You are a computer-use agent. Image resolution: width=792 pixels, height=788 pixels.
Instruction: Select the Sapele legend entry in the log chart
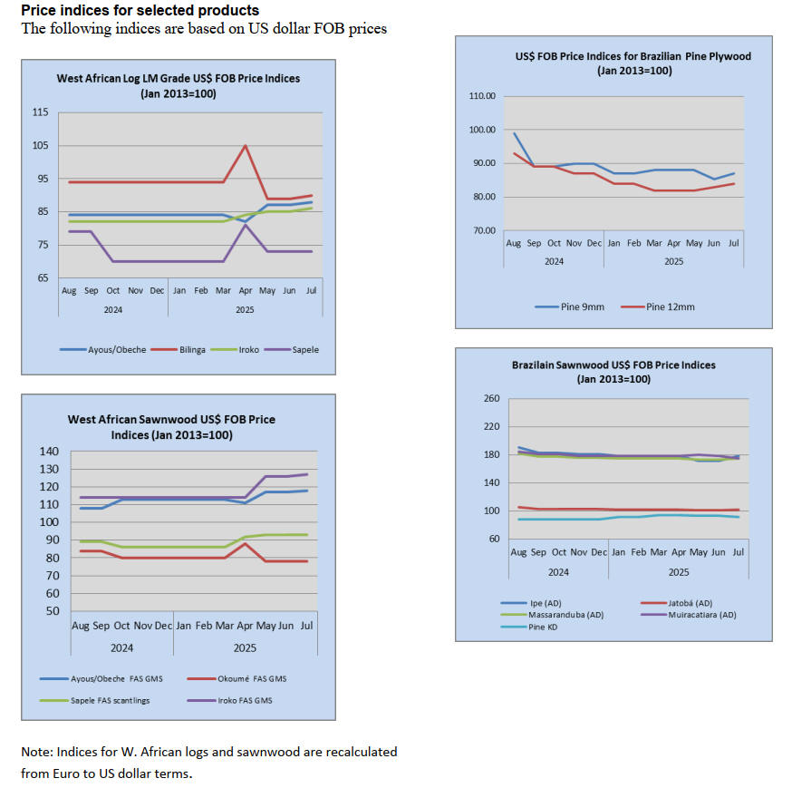(x=304, y=349)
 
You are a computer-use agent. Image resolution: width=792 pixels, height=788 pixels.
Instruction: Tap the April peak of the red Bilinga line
(x=245, y=145)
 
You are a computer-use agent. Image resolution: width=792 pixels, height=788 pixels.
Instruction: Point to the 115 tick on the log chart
(x=41, y=112)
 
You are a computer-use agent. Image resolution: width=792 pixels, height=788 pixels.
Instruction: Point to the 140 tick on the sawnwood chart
(x=53, y=452)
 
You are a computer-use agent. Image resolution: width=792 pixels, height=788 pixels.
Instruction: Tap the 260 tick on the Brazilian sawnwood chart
(x=492, y=399)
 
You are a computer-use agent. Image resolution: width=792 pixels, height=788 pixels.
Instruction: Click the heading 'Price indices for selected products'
(x=140, y=11)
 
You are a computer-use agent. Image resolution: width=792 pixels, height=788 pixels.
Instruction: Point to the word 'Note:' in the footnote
(x=36, y=752)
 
